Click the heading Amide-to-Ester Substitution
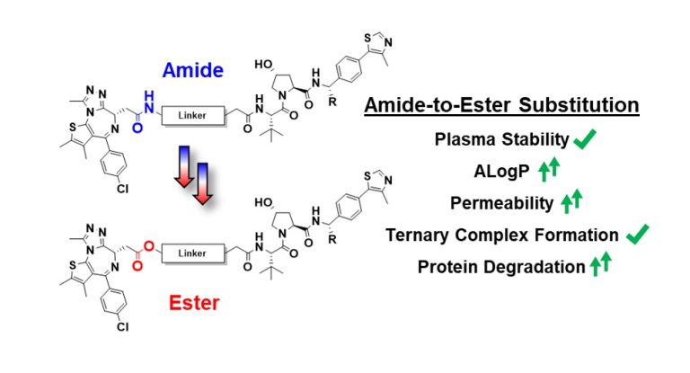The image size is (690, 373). (501, 106)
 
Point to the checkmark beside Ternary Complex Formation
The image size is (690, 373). (636, 235)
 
